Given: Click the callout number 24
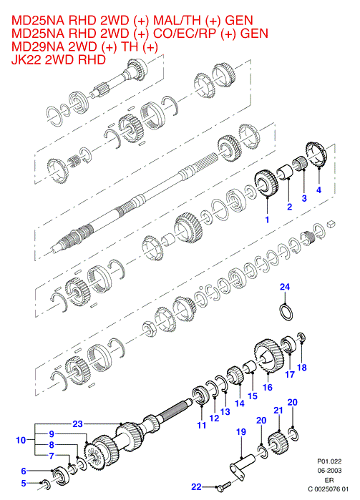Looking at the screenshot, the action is [x=285, y=287].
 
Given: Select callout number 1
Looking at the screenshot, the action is [x=267, y=220].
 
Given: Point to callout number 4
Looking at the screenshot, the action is [x=318, y=190].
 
